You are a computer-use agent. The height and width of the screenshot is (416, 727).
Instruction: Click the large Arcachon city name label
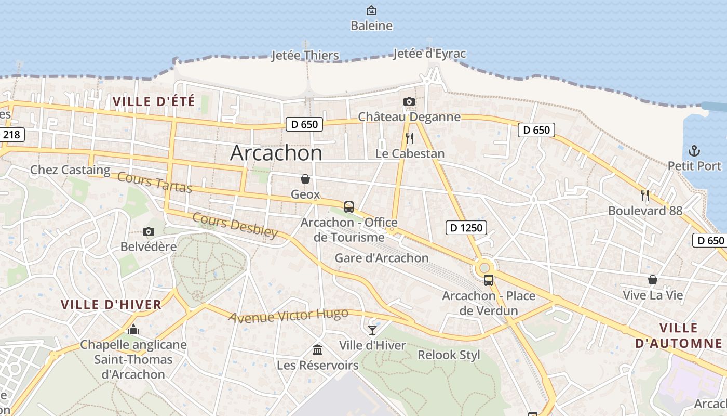click(x=276, y=153)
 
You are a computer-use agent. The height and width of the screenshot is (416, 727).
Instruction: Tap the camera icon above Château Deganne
click(x=409, y=102)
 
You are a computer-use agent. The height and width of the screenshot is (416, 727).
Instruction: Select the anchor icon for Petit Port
click(x=694, y=151)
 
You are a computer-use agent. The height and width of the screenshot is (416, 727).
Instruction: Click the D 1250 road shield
click(x=466, y=227)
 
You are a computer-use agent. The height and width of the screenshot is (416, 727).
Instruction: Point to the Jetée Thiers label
click(x=305, y=56)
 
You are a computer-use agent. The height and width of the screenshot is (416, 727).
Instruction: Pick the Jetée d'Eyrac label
click(x=429, y=54)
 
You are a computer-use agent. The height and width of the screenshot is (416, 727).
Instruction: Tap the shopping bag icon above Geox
click(x=305, y=179)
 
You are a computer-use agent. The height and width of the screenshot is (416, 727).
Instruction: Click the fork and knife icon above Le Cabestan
click(x=410, y=138)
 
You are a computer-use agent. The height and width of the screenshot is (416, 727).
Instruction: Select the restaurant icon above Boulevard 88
click(x=645, y=196)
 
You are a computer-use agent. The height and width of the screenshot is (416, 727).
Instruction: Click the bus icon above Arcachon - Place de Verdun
click(x=489, y=280)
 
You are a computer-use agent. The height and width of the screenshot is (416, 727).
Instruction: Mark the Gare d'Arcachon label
click(x=382, y=258)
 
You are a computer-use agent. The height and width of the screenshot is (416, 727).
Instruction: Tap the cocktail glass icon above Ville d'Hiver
click(x=372, y=330)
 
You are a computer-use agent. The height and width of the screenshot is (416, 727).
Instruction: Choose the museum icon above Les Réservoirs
click(x=317, y=349)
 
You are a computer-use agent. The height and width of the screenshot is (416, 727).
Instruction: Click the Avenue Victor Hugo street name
click(x=288, y=316)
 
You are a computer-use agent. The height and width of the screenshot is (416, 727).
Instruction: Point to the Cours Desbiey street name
click(x=235, y=225)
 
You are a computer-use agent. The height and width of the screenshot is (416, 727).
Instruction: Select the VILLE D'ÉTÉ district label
click(x=154, y=101)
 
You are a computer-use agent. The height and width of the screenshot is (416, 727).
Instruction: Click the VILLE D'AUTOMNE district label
click(x=679, y=335)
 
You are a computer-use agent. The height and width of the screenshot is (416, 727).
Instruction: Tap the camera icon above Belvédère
click(x=149, y=231)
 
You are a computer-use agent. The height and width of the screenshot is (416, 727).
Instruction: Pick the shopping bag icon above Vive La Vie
click(x=653, y=280)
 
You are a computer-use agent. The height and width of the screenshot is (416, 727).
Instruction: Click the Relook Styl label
click(x=449, y=355)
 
